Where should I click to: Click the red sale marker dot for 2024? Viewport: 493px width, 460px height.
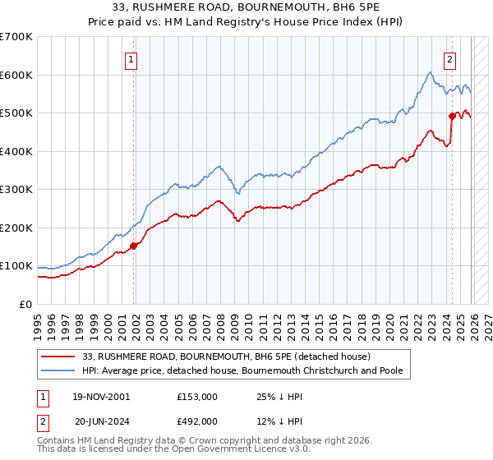pos(452,117)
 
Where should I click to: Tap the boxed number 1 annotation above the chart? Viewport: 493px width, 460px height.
pos(131,59)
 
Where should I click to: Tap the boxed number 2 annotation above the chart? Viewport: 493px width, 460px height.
pos(450,59)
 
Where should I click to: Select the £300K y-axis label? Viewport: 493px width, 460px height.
pos(16,190)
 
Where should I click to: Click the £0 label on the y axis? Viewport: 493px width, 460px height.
pos(25,305)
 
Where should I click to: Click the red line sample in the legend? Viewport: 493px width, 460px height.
pos(58,356)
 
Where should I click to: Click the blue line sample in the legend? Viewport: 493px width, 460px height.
pos(58,371)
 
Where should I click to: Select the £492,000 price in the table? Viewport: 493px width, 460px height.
pos(197,421)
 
